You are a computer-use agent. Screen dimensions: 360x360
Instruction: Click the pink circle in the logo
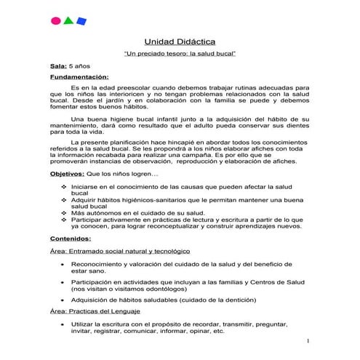coord(55,20)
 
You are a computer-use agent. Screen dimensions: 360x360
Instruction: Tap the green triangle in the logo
coord(68,20)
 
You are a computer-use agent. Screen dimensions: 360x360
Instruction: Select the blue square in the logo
coord(81,20)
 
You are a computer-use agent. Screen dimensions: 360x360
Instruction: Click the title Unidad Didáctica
coord(180,43)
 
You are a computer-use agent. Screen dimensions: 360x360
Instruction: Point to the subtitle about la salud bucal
coord(179,55)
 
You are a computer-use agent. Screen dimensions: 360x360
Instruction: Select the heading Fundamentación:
coord(79,76)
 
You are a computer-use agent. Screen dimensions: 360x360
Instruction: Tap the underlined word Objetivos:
coord(65,175)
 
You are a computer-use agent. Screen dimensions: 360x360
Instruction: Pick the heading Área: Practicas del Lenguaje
coord(100,311)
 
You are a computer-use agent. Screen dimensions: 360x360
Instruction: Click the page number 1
coord(308,341)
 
